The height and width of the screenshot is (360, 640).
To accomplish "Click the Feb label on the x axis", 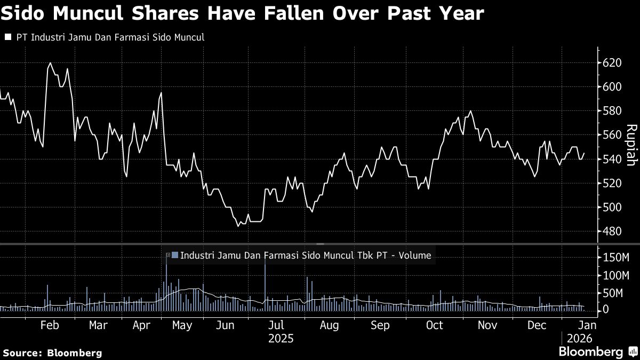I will pyautogui.click(x=49, y=325).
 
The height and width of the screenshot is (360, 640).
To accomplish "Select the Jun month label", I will pyautogui.click(x=227, y=325).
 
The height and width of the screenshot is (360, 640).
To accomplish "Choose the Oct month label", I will pyautogui.click(x=435, y=325).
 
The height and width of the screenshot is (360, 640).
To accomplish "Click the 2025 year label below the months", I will pyautogui.click(x=281, y=338).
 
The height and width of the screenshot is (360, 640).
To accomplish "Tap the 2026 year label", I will pyautogui.click(x=579, y=338).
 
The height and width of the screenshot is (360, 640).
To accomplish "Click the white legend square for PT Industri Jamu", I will pyautogui.click(x=8, y=37).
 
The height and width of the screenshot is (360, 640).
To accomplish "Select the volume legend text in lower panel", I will pyautogui.click(x=305, y=255).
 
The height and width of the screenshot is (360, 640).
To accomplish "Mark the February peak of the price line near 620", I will pyautogui.click(x=50, y=63).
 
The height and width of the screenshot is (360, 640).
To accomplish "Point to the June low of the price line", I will pyautogui.click(x=238, y=226).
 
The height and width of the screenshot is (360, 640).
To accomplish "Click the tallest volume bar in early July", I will pyautogui.click(x=265, y=283).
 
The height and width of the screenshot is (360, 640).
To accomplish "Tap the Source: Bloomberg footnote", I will pyautogui.click(x=52, y=353).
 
